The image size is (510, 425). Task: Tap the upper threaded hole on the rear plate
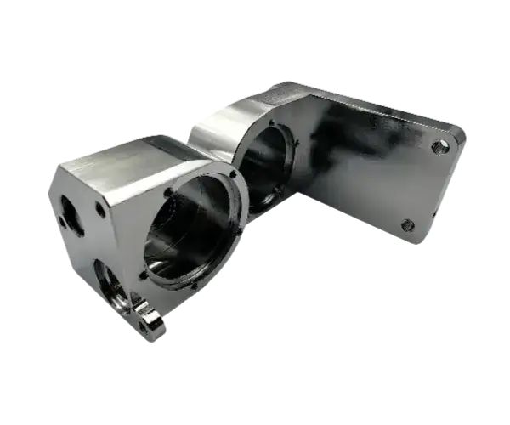pyautogui.click(x=439, y=147)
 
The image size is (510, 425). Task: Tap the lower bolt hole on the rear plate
pyautogui.click(x=407, y=225)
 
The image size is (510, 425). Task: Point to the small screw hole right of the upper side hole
pyautogui.click(x=100, y=208)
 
